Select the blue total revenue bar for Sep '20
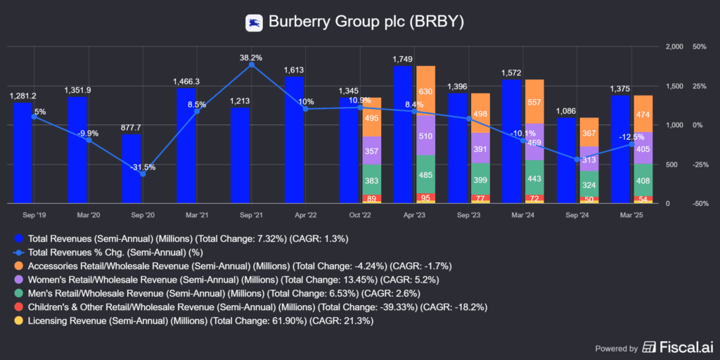pos(131,169)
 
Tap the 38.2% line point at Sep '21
pos(251,65)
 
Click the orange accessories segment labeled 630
pos(425,91)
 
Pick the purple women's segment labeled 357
pos(371,150)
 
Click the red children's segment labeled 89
pos(371,198)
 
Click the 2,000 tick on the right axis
pos(674,46)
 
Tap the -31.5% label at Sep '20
pos(143,167)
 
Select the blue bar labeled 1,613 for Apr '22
pos(295,140)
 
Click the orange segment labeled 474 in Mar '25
pos(643,114)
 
